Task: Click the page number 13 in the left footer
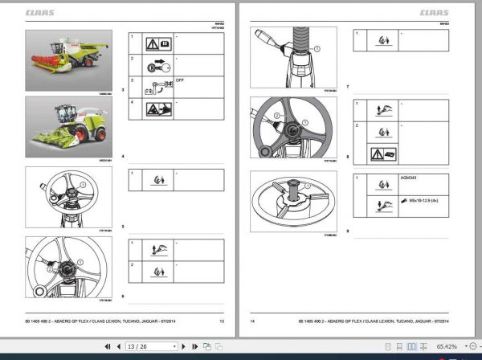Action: click(222, 321)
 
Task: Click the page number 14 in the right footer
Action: click(252, 321)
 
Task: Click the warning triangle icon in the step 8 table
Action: click(377, 153)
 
